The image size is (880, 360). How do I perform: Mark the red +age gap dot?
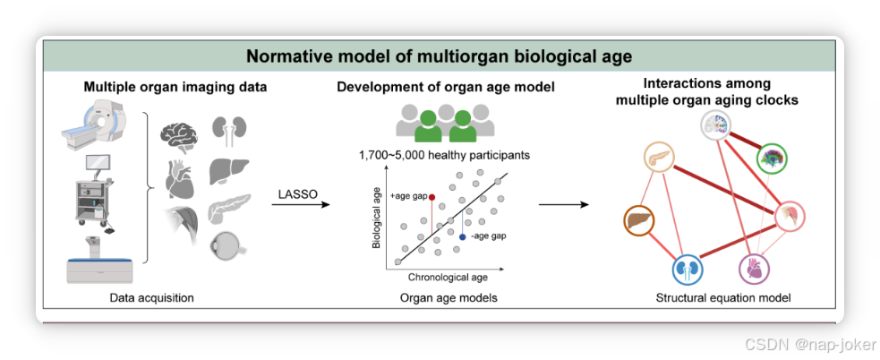pos(432,196)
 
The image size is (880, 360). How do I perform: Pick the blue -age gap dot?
pos(462,236)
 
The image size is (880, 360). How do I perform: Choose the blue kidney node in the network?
pos(687,268)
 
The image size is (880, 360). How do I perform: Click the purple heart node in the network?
pos(755,268)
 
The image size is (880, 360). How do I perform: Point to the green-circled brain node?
pos(770,160)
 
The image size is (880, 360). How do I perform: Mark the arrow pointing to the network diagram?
pos(563,204)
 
